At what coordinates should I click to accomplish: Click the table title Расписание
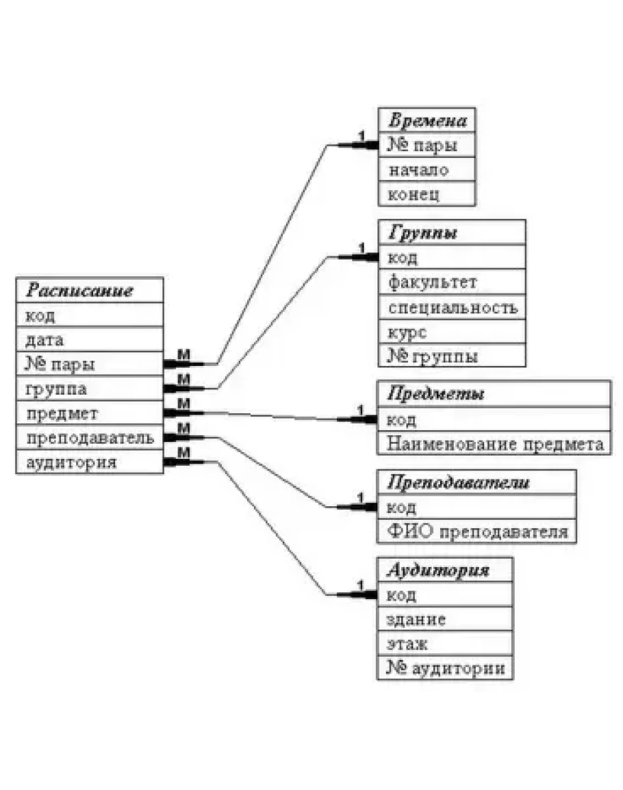click(79, 291)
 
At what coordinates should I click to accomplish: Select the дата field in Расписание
click(45, 339)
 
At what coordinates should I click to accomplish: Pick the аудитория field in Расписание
click(71, 462)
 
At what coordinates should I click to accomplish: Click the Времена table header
click(428, 121)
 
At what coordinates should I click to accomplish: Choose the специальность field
click(453, 307)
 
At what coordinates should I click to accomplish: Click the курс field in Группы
click(407, 332)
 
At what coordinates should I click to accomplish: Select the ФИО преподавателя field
click(477, 531)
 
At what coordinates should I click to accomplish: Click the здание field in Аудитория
click(417, 620)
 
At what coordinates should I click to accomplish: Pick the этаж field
click(408, 644)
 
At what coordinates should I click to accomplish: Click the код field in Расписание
click(40, 315)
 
